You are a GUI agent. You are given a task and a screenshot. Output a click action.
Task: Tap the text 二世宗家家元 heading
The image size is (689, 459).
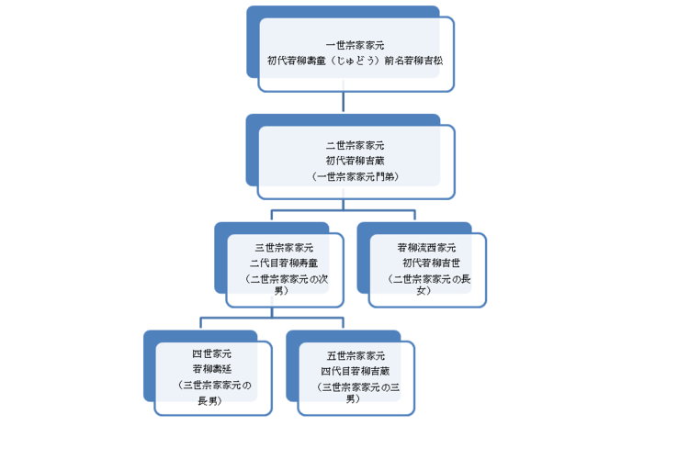(356, 146)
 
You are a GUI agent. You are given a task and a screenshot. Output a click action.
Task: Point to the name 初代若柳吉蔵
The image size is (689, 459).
(356, 160)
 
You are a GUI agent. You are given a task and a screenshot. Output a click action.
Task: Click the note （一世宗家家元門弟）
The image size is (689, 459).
(356, 174)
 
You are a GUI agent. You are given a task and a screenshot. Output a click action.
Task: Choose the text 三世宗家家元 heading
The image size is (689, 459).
(284, 248)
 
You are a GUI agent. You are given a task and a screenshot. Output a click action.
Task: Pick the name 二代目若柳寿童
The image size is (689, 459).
(284, 263)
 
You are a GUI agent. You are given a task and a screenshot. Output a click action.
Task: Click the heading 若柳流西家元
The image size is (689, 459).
(426, 248)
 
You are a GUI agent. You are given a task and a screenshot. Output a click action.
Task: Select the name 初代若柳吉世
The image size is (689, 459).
(426, 263)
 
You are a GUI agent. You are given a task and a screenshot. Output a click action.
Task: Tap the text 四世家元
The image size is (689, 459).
(211, 354)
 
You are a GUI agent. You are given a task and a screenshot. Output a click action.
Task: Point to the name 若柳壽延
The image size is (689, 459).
(211, 369)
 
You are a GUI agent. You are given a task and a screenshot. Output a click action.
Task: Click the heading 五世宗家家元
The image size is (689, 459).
(356, 354)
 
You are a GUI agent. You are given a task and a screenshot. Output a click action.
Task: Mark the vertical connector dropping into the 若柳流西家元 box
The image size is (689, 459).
(414, 216)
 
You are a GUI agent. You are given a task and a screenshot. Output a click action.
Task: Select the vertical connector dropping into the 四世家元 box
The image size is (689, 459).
(200, 323)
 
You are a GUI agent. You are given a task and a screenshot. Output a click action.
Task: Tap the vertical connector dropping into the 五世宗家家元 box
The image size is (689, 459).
(343, 323)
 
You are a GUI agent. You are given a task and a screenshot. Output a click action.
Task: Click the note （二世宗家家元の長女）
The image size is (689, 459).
(426, 284)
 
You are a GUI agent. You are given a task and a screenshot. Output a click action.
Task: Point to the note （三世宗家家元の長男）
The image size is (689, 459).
(211, 391)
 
